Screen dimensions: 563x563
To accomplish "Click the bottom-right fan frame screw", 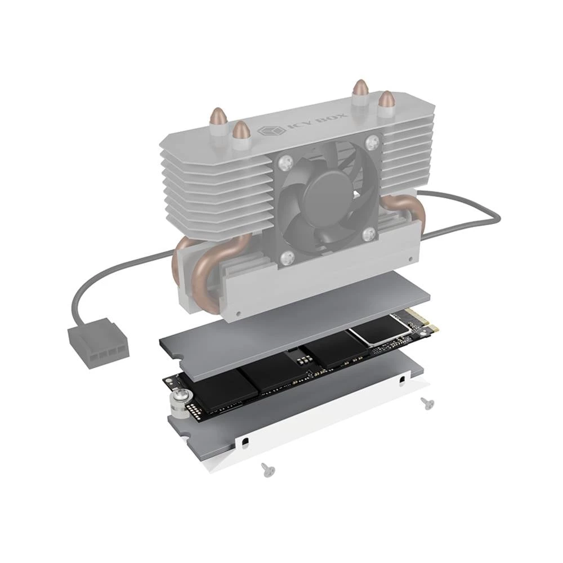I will coord(370,234).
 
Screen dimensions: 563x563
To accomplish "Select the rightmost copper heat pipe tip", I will coord(386,99).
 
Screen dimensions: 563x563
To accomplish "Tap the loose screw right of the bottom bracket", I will coord(426,401).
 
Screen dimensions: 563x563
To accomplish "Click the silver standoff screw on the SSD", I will coord(179,400).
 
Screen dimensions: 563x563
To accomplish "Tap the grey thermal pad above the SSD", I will coord(293,332).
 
